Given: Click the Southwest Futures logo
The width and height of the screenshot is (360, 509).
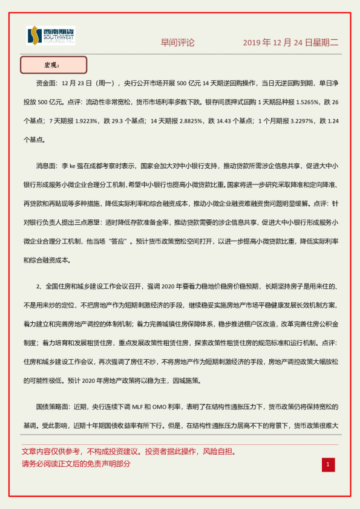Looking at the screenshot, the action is pyautogui.click(x=51, y=36).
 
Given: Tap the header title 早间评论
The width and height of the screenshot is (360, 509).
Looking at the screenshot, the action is pyautogui.click(x=177, y=43).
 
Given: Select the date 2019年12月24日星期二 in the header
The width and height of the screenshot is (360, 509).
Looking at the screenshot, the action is pyautogui.click(x=290, y=43).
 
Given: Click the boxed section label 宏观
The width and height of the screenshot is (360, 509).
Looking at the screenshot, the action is pyautogui.click(x=54, y=65).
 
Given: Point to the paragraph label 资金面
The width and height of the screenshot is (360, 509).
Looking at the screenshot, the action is pyautogui.click(x=48, y=83).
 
